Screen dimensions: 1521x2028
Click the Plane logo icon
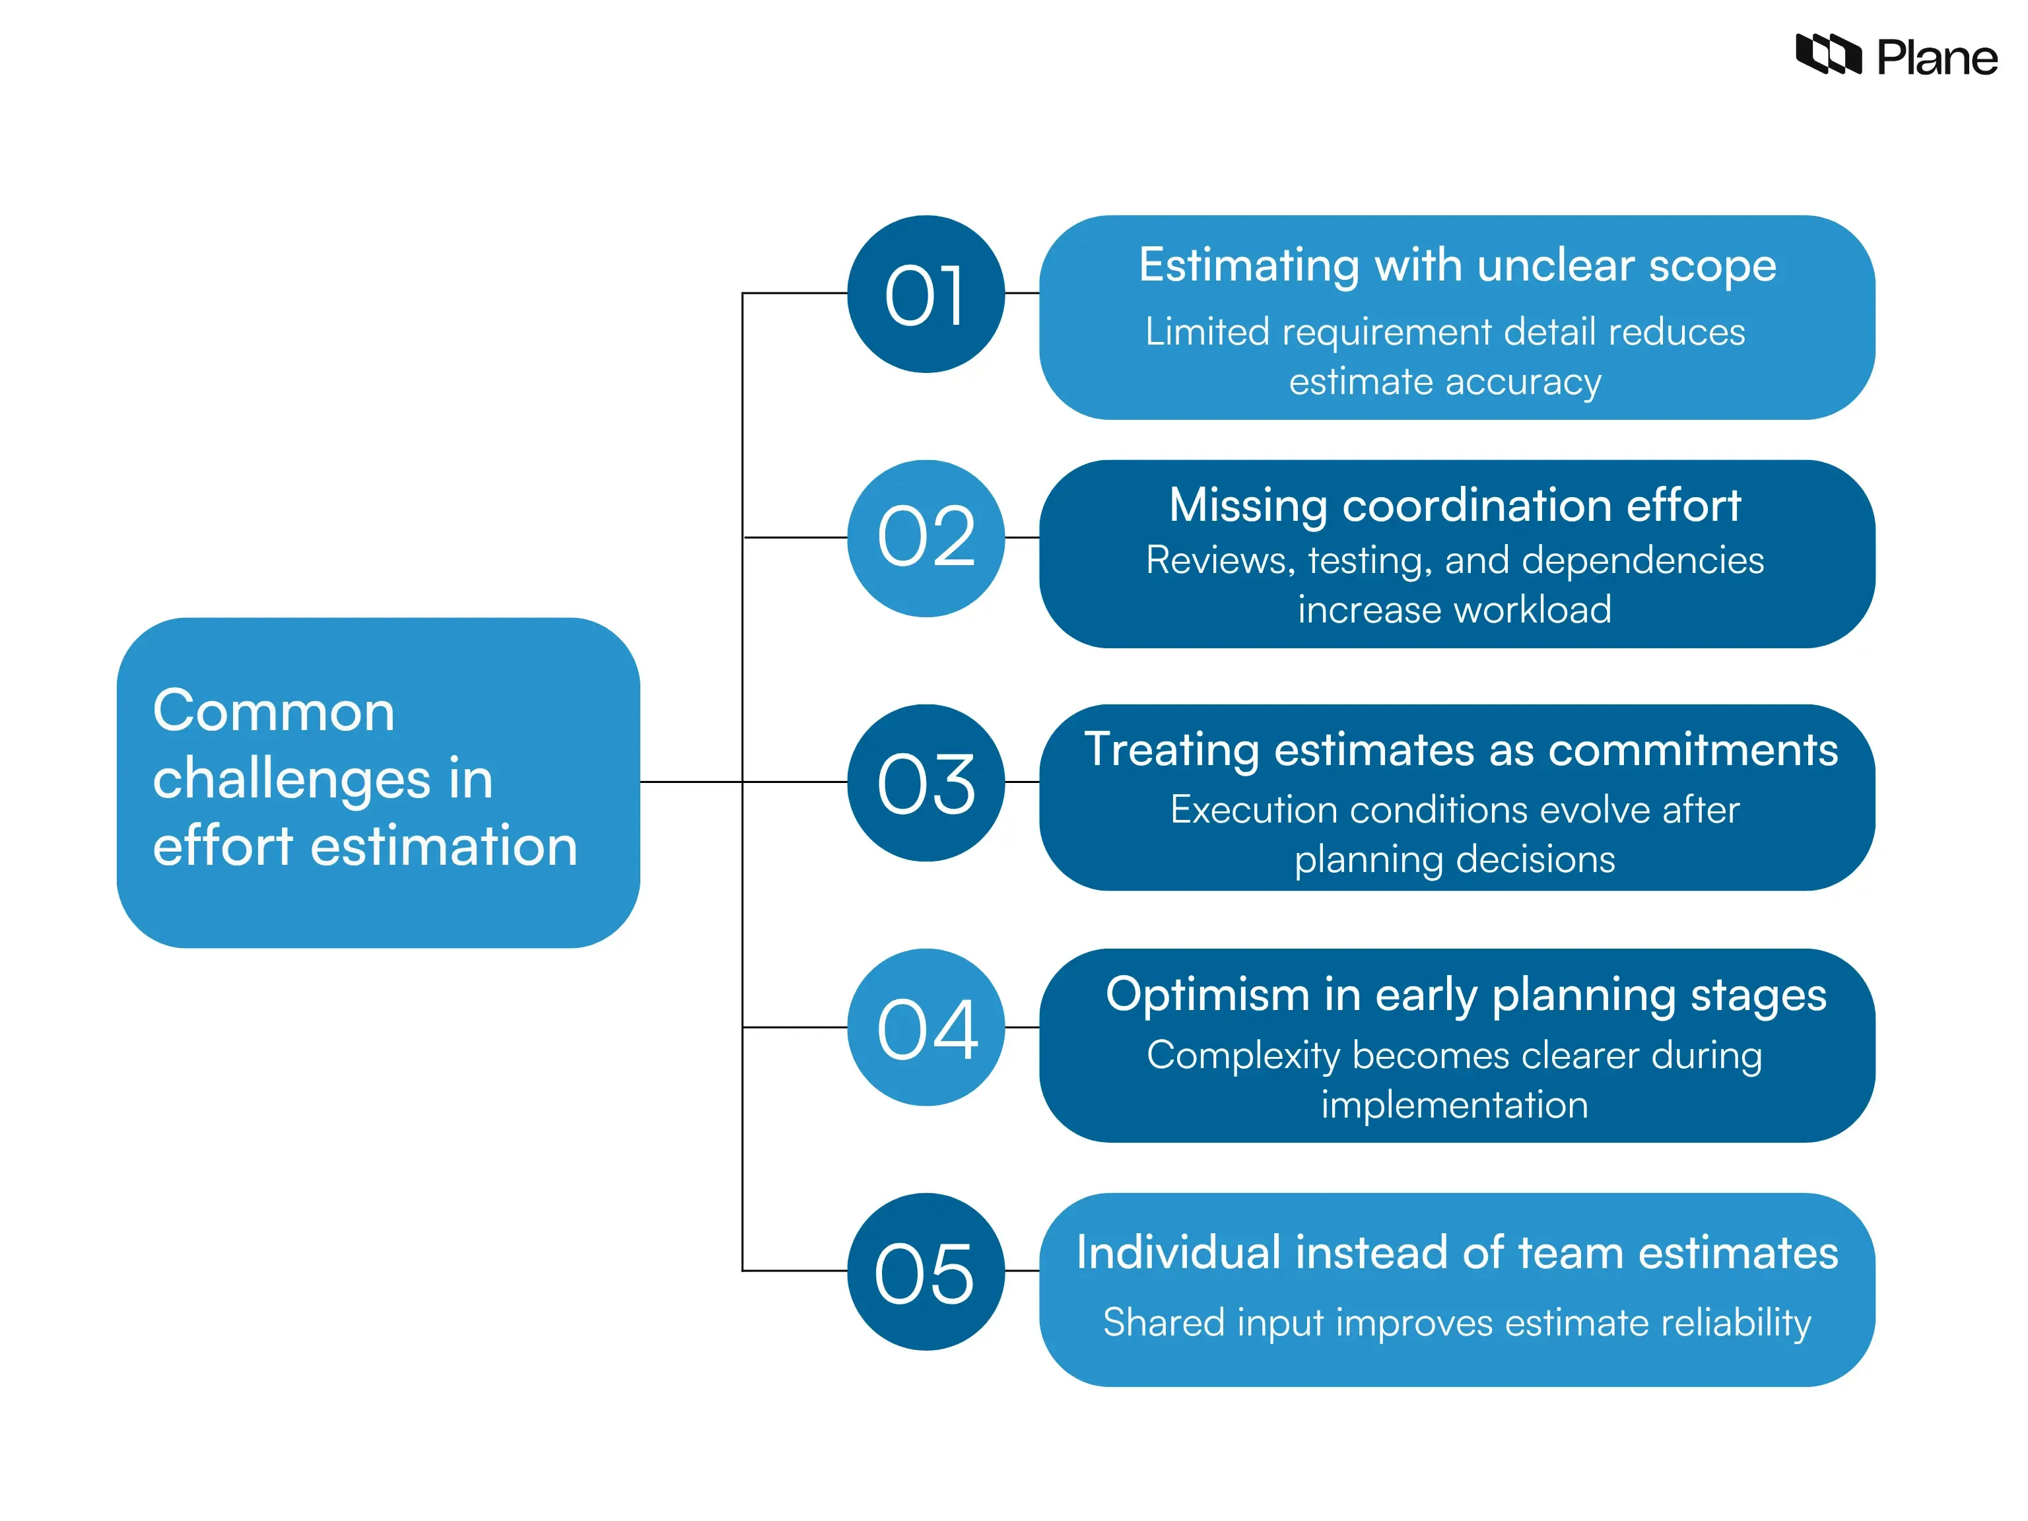click(1827, 54)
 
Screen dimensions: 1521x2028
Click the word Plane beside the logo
click(1936, 59)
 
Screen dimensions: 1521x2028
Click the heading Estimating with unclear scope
click(1457, 266)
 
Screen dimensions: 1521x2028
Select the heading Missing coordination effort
click(1455, 505)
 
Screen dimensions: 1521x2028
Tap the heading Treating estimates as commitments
click(1460, 750)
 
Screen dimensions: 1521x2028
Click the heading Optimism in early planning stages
click(1465, 995)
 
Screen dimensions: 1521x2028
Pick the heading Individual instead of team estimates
click(1457, 1252)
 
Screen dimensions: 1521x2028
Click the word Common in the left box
click(273, 712)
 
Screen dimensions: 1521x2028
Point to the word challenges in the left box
click(292, 780)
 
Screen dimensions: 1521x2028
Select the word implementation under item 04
click(1454, 1104)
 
